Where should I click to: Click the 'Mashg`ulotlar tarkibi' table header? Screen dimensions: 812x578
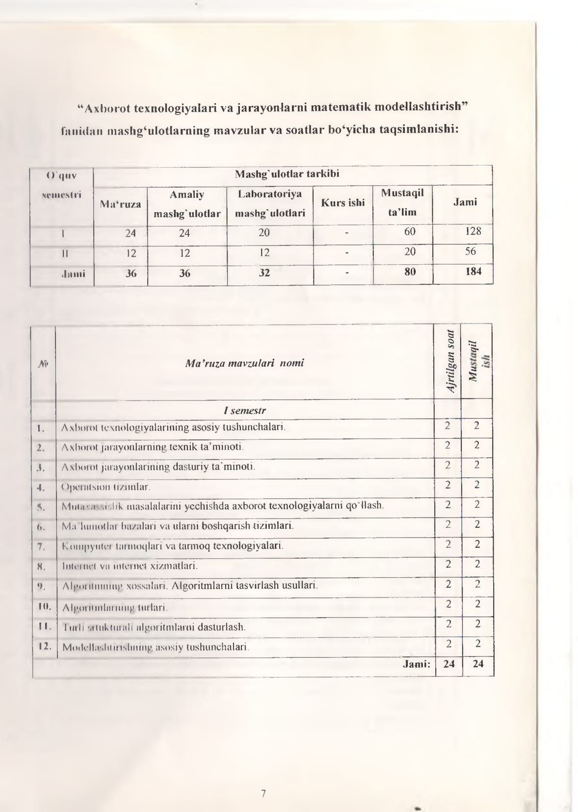pyautogui.click(x=287, y=174)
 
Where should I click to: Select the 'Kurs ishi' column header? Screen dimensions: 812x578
pyautogui.click(x=342, y=203)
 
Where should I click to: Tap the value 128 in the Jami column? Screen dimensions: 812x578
pyautogui.click(x=473, y=231)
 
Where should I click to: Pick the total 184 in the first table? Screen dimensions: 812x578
pyautogui.click(x=473, y=271)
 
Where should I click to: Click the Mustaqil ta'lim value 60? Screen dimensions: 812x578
pyautogui.click(x=410, y=231)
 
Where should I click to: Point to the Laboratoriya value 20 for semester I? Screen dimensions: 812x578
pyautogui.click(x=264, y=233)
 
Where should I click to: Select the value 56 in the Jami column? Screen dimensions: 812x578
pyautogui.click(x=470, y=251)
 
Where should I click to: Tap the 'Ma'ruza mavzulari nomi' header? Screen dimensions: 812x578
pyautogui.click(x=244, y=363)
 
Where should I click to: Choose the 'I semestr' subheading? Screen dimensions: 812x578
pyautogui.click(x=244, y=410)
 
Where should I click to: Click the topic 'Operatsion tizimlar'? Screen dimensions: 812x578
pyautogui.click(x=105, y=487)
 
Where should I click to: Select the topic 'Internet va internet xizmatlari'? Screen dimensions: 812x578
pyautogui.click(x=130, y=566)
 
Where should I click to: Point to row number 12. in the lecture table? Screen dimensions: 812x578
pyautogui.click(x=45, y=646)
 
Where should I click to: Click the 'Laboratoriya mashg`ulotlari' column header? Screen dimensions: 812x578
pyautogui.click(x=269, y=203)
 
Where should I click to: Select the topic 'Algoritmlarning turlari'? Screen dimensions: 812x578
pyautogui.click(x=115, y=607)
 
